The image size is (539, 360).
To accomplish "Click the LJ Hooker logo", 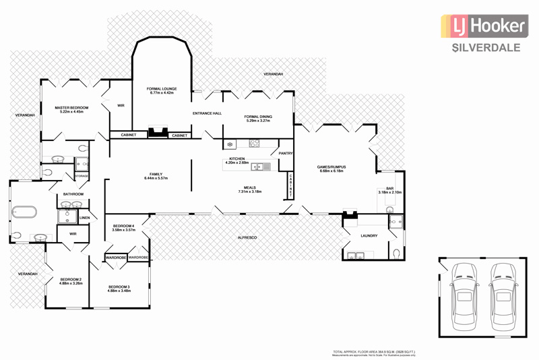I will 483,27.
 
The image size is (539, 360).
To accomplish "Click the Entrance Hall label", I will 208,113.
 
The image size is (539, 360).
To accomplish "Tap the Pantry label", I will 285,153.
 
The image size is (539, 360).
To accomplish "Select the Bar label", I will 389,191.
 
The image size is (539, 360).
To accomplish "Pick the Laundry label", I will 369,236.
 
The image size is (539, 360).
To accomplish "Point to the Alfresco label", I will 247,238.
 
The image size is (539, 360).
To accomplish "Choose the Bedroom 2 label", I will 71,281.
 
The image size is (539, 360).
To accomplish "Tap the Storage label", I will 82,176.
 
